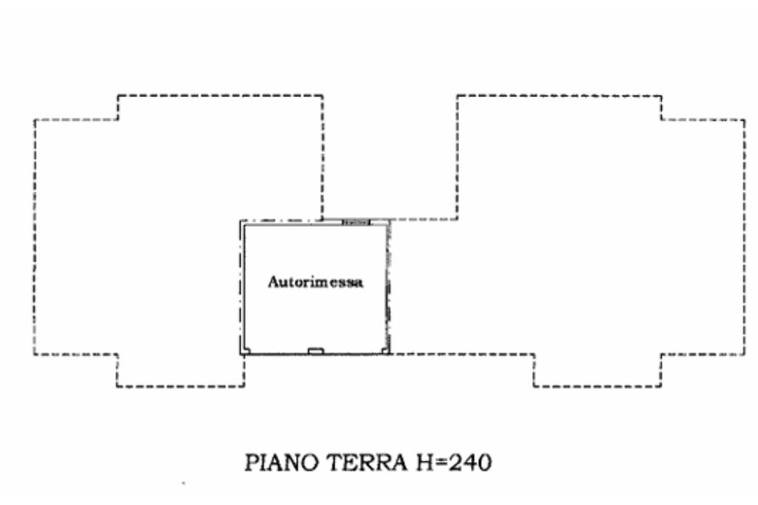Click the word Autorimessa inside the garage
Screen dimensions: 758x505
[315, 282]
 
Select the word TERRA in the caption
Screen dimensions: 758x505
[355, 464]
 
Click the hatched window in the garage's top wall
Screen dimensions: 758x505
[356, 222]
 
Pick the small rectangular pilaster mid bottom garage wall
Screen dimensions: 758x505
[315, 350]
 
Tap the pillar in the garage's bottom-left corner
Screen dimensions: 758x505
[246, 350]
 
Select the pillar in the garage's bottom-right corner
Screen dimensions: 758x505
[384, 350]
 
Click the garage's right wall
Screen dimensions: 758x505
[388, 289]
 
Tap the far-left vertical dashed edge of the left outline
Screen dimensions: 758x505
[34, 237]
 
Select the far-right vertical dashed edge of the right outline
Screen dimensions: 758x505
[745, 237]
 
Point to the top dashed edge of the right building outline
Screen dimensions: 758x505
[559, 96]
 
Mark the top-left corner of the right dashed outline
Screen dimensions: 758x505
[457, 96]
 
